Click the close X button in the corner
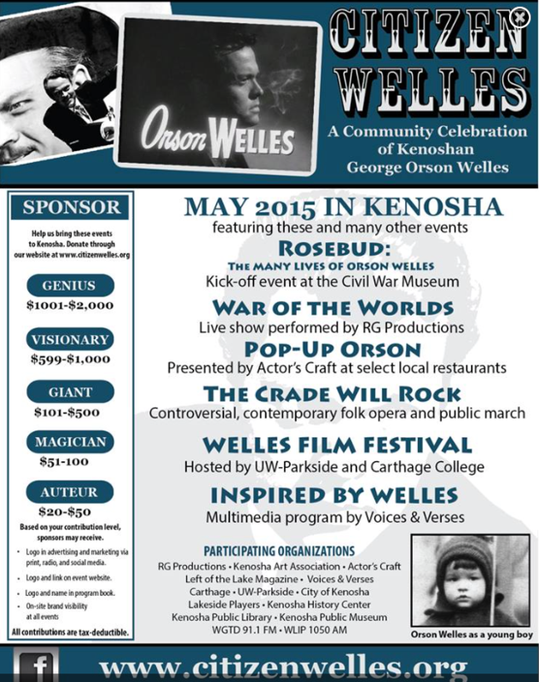tap(519, 14)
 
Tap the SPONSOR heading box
tap(72, 207)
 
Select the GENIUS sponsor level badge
tap(72, 286)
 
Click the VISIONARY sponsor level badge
tap(72, 338)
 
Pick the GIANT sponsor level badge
tap(72, 392)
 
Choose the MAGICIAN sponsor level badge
tap(72, 442)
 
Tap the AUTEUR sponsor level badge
tap(72, 491)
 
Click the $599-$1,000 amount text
tap(72, 359)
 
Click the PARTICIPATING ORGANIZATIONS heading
tap(280, 551)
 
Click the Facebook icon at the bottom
tap(34, 668)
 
